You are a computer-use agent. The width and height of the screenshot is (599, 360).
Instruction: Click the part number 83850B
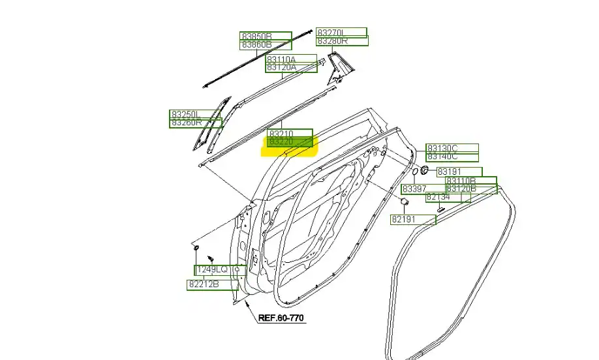pos(256,37)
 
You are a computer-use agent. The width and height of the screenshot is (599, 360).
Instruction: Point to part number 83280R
pos(332,41)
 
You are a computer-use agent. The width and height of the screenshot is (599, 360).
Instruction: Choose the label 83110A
pos(281,59)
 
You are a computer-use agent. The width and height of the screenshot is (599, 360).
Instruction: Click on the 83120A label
pos(281,67)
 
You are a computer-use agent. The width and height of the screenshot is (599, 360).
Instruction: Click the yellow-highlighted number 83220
pos(282,142)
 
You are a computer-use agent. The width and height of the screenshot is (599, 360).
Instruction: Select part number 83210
pos(282,133)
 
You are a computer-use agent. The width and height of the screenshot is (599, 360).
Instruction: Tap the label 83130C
pos(442,148)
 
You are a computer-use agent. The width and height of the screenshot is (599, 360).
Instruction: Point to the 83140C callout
pos(442,157)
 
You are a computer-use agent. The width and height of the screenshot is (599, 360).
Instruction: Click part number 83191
pos(450,172)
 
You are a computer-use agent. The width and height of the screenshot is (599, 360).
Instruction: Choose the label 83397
pos(414,189)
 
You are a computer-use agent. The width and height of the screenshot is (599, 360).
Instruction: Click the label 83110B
pos(461,181)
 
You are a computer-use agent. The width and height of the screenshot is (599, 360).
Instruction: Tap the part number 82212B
pos(204,284)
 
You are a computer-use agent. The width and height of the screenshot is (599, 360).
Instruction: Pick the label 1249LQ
pos(212,269)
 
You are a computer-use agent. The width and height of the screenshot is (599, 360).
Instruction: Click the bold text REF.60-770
pos(281,318)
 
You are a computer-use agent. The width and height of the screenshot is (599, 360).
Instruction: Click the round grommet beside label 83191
pos(424,171)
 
